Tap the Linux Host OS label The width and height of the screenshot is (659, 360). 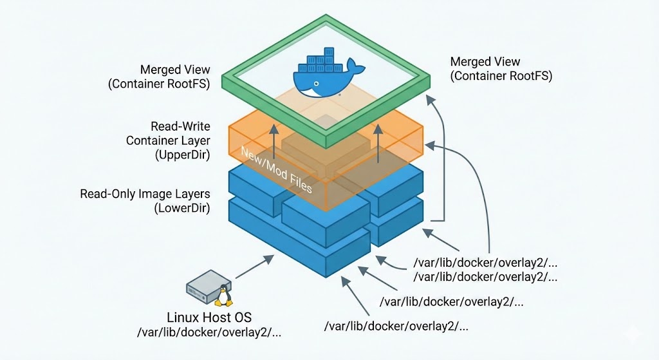coord(211,317)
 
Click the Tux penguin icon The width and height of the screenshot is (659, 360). coord(223,296)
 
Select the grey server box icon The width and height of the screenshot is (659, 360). coord(203,287)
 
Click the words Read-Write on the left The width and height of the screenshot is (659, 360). coord(180,126)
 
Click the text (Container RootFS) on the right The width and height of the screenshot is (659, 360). coord(501,76)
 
